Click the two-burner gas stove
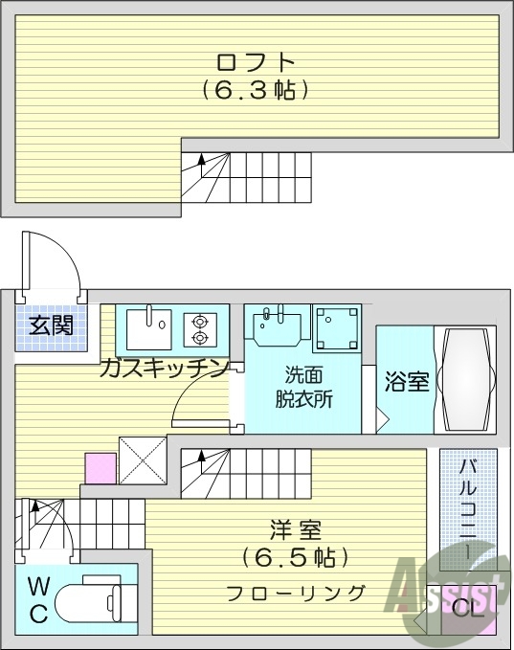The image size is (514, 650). coord(200,328)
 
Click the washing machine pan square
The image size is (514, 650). coord(336,326)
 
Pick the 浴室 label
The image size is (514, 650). coord(407,382)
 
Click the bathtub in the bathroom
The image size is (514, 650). coord(464,379)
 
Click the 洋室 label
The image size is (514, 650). coord(295,528)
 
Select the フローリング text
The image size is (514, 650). coord(296,593)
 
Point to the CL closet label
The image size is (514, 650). coord(461,607)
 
